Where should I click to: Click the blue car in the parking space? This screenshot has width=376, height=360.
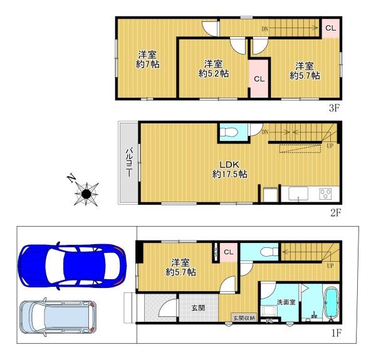coord(72,266)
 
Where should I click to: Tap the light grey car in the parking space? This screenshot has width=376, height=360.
coord(58,317)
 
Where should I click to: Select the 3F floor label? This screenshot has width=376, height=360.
coord(334,108)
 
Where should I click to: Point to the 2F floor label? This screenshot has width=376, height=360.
coord(335,213)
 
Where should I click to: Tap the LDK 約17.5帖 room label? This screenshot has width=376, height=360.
coord(229,169)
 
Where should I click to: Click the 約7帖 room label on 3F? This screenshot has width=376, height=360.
coord(147,59)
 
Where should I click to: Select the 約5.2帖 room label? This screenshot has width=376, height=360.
coord(214,69)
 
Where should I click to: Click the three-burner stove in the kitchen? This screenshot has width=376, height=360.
coord(325,193)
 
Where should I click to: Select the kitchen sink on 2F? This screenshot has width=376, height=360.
coord(298,193)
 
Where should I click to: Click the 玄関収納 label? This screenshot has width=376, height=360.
coord(244,318)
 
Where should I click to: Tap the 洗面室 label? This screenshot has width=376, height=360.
coord(286,302)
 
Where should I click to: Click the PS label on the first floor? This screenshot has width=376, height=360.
coord(269,321)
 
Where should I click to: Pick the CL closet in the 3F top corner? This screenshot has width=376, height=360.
coord(330,28)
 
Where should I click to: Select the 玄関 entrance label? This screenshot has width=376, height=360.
coord(198,308)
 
